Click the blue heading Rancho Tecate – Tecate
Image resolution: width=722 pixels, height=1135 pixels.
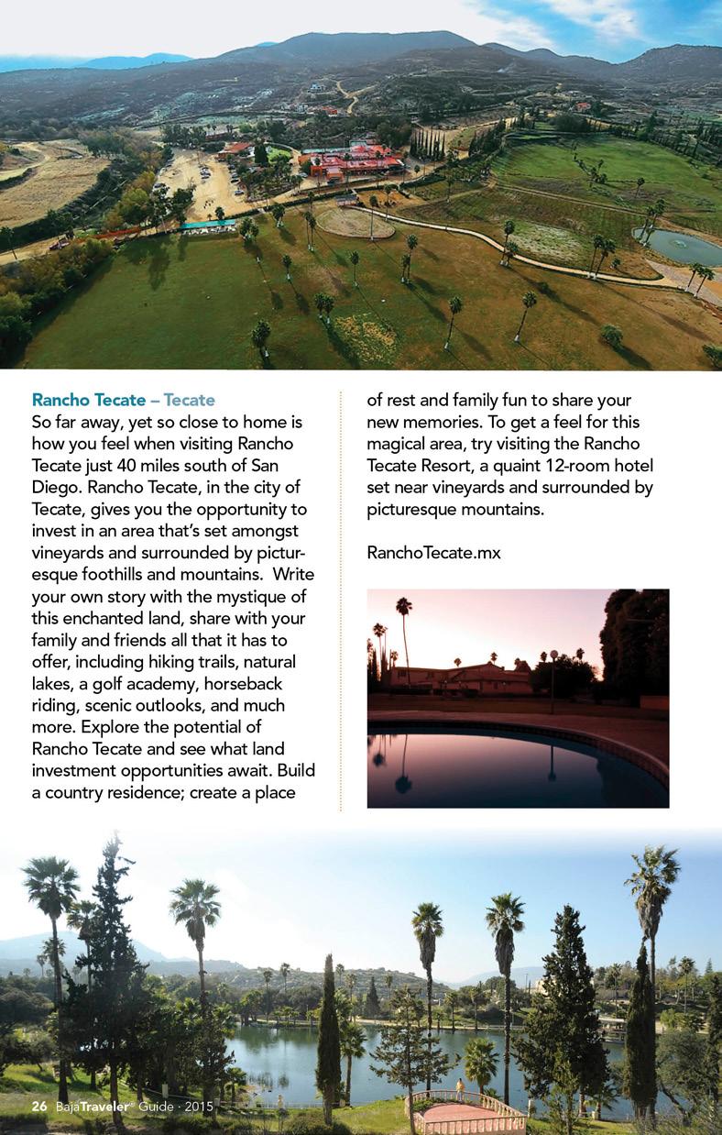(x=123, y=400)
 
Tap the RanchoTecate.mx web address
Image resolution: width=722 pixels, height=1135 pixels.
(x=433, y=553)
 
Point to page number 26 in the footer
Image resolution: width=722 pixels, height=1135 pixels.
(x=38, y=1107)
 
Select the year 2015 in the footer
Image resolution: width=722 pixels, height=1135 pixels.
(x=198, y=1107)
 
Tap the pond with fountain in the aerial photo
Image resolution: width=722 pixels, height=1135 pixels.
(x=679, y=245)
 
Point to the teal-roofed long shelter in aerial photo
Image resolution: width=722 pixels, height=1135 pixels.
(x=207, y=225)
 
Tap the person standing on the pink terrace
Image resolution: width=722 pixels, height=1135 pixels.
(x=459, y=1088)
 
